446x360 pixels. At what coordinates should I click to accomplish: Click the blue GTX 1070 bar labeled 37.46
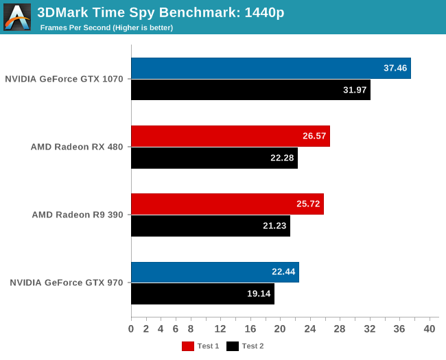(270, 69)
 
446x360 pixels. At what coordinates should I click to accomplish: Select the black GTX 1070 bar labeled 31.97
(250, 90)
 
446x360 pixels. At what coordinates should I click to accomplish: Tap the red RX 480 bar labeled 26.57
(230, 136)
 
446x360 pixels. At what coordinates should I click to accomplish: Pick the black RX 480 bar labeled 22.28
(214, 158)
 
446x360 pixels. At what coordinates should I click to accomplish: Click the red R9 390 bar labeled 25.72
(227, 204)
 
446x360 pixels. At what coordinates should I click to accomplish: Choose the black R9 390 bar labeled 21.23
(210, 226)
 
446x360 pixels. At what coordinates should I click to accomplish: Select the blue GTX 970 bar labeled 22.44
(215, 272)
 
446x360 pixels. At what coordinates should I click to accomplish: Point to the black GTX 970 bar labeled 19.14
(202, 293)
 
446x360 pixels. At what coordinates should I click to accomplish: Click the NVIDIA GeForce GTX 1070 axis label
(64, 79)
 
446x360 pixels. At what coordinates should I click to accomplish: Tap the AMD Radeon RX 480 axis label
(77, 147)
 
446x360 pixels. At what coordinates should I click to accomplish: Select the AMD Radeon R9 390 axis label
(78, 215)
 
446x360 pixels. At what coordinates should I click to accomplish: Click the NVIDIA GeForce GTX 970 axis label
(67, 283)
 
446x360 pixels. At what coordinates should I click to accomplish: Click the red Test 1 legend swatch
(187, 346)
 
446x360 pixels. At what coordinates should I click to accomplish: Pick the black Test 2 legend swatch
(232, 346)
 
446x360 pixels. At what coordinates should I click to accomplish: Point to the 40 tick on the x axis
(430, 329)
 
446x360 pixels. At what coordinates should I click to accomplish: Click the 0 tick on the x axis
(131, 329)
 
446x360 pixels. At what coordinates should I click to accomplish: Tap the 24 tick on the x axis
(310, 329)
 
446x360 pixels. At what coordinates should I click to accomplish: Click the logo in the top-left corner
(17, 17)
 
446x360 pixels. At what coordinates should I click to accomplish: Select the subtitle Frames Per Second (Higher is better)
(106, 28)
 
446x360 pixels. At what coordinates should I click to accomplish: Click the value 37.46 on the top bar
(396, 68)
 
